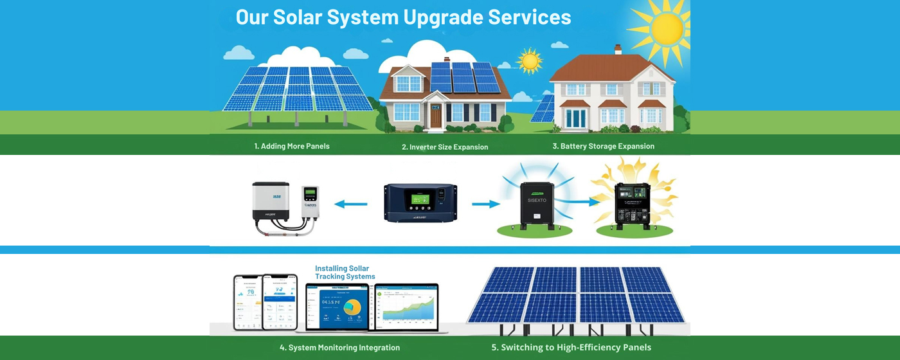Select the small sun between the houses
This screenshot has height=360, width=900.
pos(530,61)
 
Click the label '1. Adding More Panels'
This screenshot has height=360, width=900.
pos(292,146)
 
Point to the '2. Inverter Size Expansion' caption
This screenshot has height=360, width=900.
pos(445,147)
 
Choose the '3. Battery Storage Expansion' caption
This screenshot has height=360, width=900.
pos(603,146)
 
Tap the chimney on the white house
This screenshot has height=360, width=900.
pos(618,50)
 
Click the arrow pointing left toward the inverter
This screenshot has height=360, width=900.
pos(351,204)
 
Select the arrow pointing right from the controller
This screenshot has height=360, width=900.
pos(485,204)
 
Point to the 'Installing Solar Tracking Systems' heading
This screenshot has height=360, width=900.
pos(345,273)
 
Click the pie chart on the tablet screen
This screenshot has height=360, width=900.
pos(352,307)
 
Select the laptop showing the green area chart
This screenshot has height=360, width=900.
pos(406,307)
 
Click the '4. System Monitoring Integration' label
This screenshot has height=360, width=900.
pos(339,348)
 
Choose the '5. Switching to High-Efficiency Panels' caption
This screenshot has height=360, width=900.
pos(571,348)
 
